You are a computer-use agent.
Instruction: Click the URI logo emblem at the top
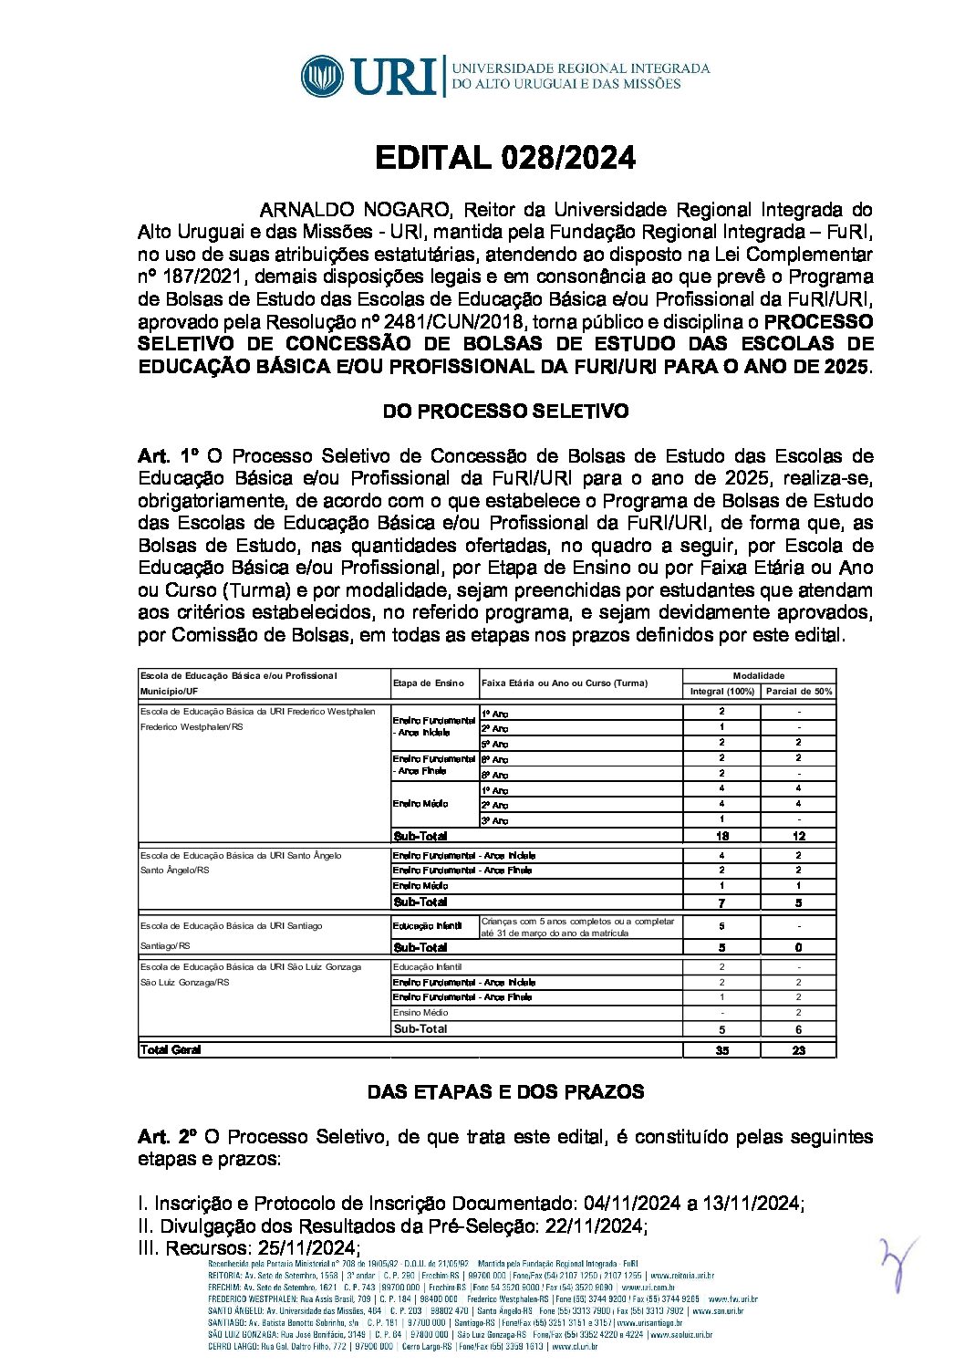[x=322, y=76]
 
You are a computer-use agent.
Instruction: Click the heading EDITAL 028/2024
[x=504, y=158]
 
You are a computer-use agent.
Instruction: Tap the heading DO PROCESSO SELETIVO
[x=504, y=412]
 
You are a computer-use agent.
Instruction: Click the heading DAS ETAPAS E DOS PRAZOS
[x=504, y=1092]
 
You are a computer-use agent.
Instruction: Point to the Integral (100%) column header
[x=721, y=692]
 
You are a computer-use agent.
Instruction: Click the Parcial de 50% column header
[x=798, y=692]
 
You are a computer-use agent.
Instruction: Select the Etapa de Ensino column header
[x=428, y=683]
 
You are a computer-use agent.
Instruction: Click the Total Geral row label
[x=171, y=1050]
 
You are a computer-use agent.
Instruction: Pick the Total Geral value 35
[x=721, y=1051]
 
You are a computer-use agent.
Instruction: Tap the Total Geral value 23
[x=798, y=1051]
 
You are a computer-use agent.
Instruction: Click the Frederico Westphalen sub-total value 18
[x=721, y=837]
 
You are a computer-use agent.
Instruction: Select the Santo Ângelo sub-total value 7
[x=721, y=902]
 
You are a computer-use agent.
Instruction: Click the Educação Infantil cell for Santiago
[x=427, y=926]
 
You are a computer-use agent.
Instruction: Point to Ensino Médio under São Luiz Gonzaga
[x=420, y=1013]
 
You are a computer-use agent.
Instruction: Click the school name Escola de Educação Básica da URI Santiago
[x=231, y=926]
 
